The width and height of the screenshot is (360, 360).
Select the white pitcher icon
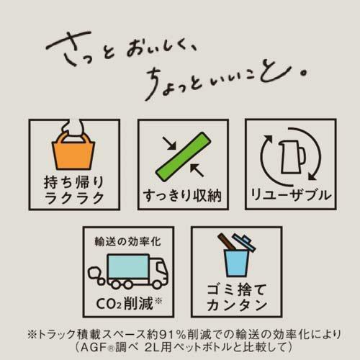click(x=287, y=153)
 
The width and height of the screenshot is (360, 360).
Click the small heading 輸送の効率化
click(x=123, y=240)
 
